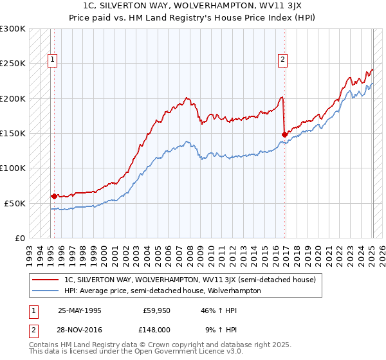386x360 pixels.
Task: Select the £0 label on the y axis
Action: coord(20,238)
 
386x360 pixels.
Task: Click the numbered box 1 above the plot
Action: coord(53,60)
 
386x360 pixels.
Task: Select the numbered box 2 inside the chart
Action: coord(282,60)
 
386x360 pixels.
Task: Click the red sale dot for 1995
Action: coord(53,196)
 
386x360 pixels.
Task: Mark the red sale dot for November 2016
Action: coord(284,134)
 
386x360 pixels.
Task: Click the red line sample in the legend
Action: coord(46,280)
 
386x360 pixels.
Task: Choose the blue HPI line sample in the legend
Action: coord(46,291)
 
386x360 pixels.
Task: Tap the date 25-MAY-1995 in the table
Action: coord(80,310)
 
